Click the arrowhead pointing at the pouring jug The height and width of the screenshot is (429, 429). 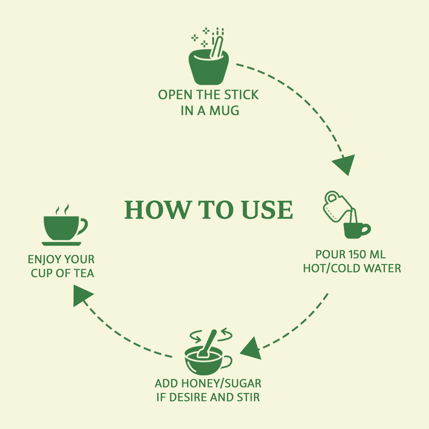[x=344, y=164]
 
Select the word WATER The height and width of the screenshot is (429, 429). [x=383, y=268]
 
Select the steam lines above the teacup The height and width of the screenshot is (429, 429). [x=62, y=209]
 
